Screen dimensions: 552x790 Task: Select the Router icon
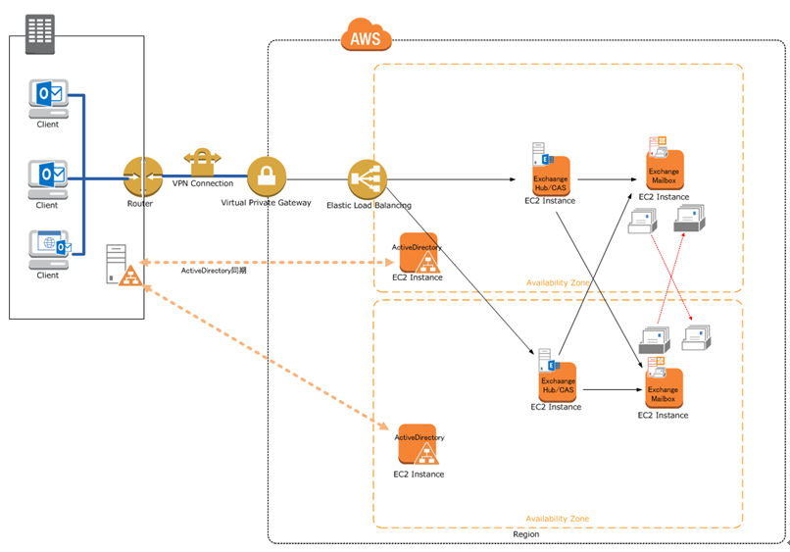coord(142,176)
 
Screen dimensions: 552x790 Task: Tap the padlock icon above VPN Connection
coord(202,160)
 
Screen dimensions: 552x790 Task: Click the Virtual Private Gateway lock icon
coord(266,176)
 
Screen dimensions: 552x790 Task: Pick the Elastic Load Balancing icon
coord(368,178)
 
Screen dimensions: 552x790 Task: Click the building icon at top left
coord(40,34)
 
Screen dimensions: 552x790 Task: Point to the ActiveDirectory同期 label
coord(214,271)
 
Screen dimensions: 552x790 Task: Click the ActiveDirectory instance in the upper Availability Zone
coord(418,253)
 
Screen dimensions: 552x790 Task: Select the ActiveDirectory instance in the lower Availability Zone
coord(418,446)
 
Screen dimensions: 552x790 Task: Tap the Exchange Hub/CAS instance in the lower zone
coord(557,379)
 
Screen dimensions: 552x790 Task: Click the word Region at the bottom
coord(525,534)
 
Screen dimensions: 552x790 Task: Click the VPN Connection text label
coord(203,183)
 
